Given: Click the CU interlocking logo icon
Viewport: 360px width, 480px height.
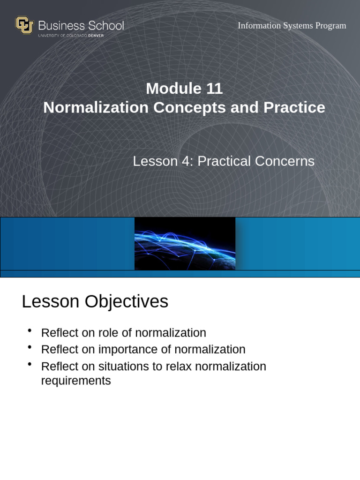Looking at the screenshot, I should (x=24, y=25).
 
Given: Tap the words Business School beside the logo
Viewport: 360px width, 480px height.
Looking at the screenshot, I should (x=81, y=25).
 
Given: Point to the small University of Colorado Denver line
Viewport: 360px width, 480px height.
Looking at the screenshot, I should (x=71, y=36).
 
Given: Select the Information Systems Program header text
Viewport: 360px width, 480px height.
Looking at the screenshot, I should (x=292, y=26).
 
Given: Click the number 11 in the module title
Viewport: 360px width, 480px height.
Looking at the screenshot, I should (x=214, y=89).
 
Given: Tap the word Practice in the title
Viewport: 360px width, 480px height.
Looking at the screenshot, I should (x=294, y=107).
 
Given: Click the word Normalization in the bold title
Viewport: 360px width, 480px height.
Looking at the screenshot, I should (x=96, y=107).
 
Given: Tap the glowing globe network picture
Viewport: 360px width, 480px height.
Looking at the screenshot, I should (x=185, y=244).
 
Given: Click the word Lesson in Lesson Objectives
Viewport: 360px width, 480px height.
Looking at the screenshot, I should (x=50, y=301).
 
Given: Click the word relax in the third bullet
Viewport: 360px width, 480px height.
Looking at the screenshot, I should (x=177, y=367).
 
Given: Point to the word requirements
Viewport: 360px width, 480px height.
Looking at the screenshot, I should (x=76, y=381).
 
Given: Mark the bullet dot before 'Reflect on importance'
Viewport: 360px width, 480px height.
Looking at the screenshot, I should (x=30, y=347).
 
